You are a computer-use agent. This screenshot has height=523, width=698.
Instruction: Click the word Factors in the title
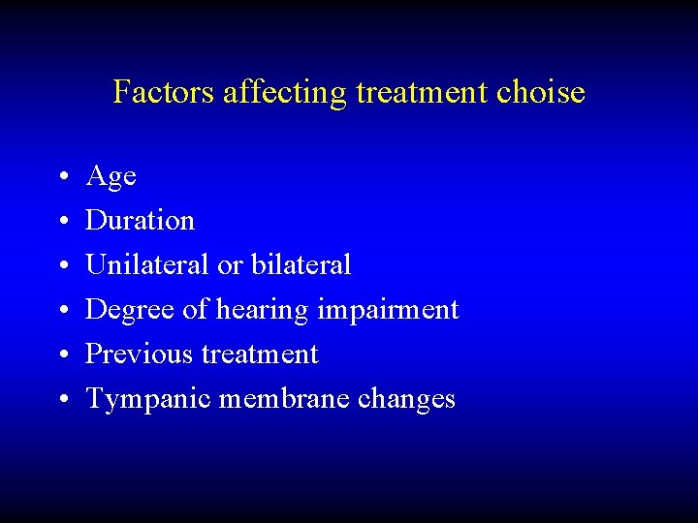164,92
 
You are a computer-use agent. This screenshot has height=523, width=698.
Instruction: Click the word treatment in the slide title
423,92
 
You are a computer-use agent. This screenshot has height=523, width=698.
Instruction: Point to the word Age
111,177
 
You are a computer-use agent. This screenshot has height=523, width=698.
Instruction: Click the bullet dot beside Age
61,177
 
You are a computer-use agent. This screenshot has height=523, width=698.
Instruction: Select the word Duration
140,221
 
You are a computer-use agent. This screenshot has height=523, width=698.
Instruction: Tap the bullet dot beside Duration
61,222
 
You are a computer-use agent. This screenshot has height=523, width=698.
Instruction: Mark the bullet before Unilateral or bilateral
61,266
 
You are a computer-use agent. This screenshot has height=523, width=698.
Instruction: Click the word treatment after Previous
260,354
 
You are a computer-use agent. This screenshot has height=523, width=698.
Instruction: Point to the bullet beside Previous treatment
61,355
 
